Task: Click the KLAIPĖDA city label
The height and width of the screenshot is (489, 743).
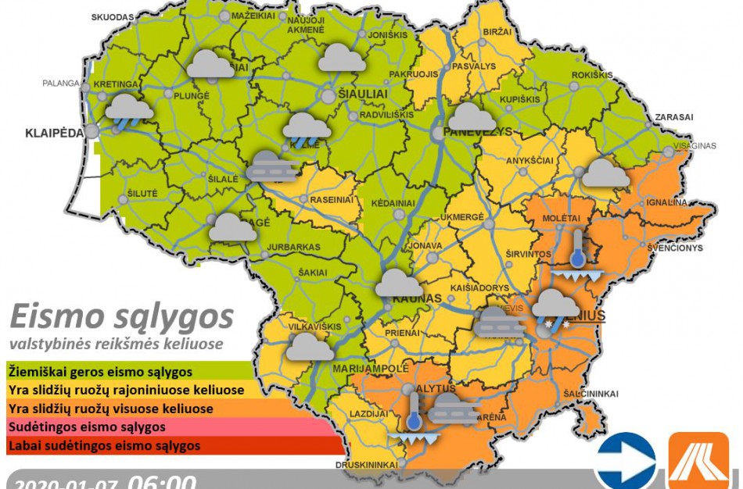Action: coord(51,134)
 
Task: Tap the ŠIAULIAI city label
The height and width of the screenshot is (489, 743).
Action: coord(363,94)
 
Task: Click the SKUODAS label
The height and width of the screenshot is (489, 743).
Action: coord(113,16)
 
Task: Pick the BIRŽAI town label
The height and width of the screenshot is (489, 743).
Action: coord(497,31)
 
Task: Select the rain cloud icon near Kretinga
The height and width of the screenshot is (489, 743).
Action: coord(129,110)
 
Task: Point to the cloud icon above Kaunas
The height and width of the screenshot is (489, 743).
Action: coord(399,282)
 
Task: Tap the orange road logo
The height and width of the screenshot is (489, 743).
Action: coord(698,461)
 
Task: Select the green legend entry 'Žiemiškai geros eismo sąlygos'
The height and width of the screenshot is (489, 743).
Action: coord(102,370)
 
